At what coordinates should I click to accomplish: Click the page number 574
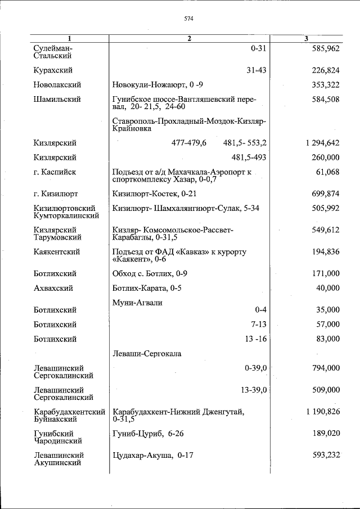(x=189, y=19)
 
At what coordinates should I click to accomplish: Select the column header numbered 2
(x=189, y=38)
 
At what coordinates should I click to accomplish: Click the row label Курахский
(x=53, y=70)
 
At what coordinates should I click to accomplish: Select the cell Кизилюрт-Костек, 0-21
(x=147, y=194)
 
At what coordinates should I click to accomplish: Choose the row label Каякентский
(x=56, y=252)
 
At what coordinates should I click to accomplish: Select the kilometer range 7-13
(x=258, y=325)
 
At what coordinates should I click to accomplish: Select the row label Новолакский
(x=57, y=85)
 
